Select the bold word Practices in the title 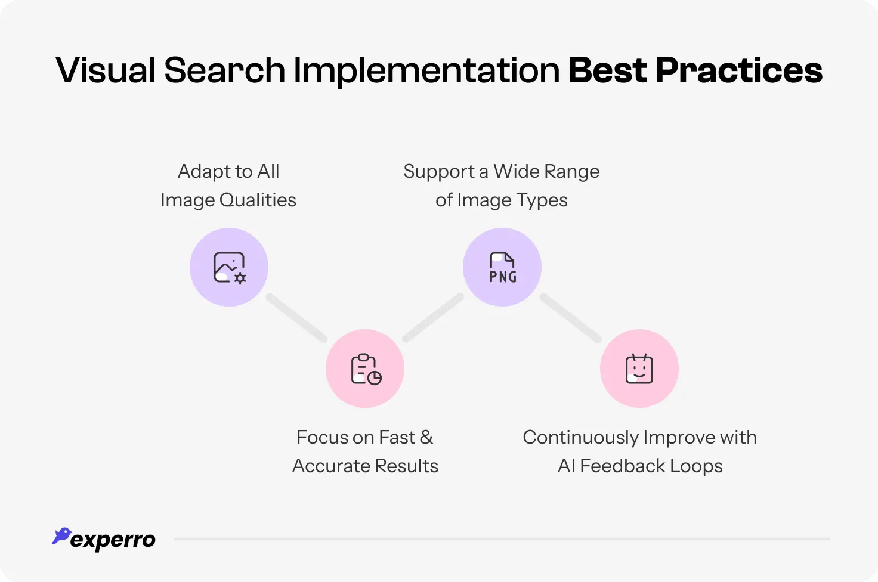[739, 70]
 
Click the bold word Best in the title [607, 70]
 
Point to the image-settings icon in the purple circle [229, 267]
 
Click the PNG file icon [502, 267]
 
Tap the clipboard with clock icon [365, 369]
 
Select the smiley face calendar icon [639, 369]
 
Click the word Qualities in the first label [258, 200]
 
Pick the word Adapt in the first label [202, 172]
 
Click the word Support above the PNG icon [438, 172]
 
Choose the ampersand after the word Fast [426, 437]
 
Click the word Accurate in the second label [329, 466]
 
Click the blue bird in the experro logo [61, 535]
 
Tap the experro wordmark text [113, 540]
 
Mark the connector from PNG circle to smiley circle [571, 318]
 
